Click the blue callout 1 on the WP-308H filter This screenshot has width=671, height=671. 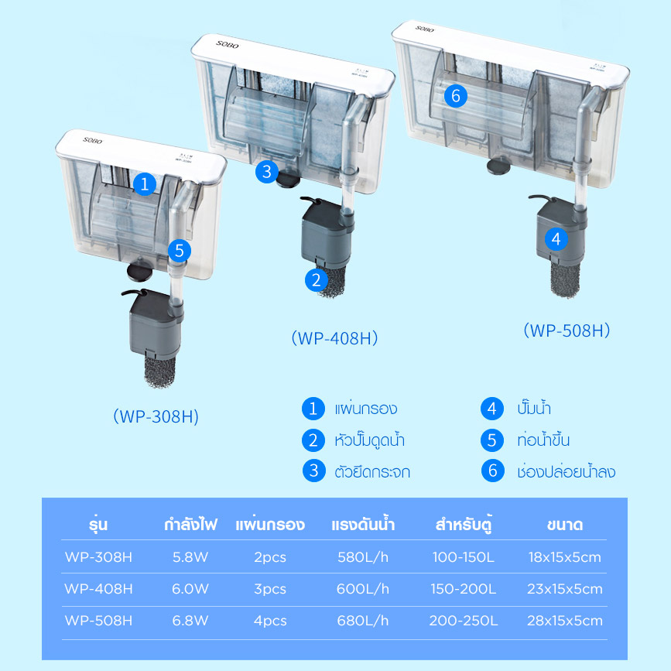coord(145,184)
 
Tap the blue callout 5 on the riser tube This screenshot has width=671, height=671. coord(180,251)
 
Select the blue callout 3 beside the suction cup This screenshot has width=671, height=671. coord(267,172)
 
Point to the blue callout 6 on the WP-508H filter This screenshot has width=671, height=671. coord(456,95)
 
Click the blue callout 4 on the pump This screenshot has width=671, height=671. coord(556,239)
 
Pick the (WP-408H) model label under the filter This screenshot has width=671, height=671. coord(334,338)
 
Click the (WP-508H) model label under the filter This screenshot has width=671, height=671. coord(567,330)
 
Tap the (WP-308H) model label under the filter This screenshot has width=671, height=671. coord(156,416)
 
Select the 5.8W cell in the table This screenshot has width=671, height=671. coord(190,557)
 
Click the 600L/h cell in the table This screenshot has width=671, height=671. coord(363,589)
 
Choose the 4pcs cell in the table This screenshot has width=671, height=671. coord(270,621)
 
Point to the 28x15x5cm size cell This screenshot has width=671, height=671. coord(565,621)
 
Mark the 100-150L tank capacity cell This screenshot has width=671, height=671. coord(464,557)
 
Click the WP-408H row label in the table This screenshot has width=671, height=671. coord(98,589)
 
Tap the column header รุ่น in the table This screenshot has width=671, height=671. coord(98,525)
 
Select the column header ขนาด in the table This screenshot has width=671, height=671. coord(565,525)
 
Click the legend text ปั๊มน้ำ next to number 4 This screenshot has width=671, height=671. coord(534,408)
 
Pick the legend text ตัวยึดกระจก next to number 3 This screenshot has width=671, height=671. coord(372,471)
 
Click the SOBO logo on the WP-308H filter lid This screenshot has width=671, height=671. coord(93,140)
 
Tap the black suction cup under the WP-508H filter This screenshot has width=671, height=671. coord(498,165)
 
